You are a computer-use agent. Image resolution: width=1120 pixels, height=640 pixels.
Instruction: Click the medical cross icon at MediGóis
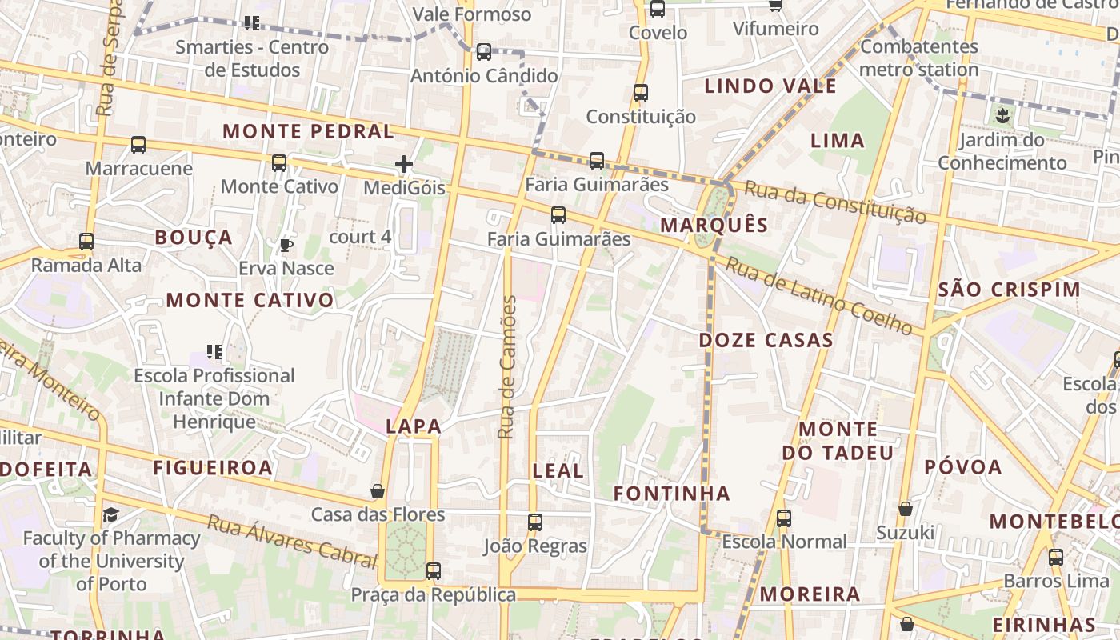[x=404, y=165]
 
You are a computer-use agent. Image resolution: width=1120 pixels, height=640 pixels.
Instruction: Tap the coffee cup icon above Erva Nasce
[x=286, y=245]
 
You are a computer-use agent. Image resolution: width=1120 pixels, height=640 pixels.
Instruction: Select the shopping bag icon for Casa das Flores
[x=378, y=490]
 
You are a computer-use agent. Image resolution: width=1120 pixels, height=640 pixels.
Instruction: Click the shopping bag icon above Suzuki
[x=906, y=509]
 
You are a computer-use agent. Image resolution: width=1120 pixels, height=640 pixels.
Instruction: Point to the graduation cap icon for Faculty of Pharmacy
[x=110, y=514]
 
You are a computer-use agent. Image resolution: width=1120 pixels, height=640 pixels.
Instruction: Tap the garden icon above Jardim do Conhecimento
[x=1002, y=116]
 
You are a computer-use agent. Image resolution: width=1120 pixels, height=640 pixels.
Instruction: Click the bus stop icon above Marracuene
[x=138, y=145]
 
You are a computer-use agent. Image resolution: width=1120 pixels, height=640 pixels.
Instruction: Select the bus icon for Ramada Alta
[x=86, y=241]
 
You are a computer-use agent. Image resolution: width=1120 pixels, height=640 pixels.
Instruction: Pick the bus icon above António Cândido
[x=484, y=52]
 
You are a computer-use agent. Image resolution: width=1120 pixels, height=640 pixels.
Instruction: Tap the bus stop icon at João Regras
[x=535, y=522]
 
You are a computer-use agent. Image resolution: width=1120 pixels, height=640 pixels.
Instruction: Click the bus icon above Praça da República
[x=434, y=571]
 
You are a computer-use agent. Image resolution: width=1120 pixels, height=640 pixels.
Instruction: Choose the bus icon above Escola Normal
[x=784, y=518]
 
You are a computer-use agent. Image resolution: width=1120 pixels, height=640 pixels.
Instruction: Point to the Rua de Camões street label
[x=507, y=367]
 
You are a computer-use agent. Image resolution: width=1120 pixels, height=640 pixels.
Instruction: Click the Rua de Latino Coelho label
[x=818, y=294]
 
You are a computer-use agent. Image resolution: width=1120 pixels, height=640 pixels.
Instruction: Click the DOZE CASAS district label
[x=766, y=340]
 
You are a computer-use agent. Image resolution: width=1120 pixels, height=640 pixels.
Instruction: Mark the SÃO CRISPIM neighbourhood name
[x=1009, y=290]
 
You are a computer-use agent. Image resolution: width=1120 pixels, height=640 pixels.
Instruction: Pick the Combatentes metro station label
[x=919, y=58]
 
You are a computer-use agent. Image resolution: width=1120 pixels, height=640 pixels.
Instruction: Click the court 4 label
[x=360, y=237]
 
